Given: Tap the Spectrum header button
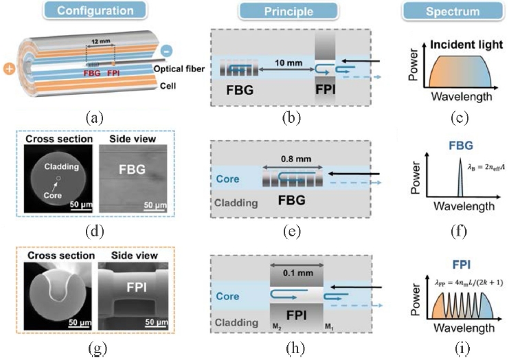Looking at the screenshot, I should point(448,11).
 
